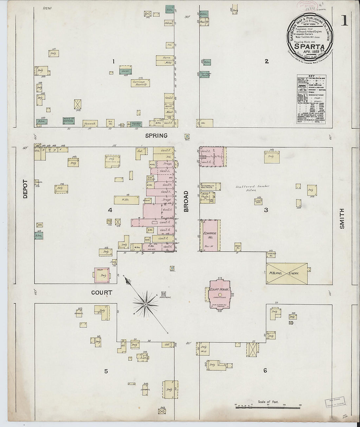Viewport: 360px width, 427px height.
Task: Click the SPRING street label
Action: point(156,135)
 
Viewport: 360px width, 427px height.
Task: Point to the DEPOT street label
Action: point(26,189)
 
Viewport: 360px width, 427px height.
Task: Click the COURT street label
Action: point(101,293)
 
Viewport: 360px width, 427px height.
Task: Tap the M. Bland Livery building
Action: point(287,273)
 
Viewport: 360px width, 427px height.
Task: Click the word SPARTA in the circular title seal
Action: point(309,46)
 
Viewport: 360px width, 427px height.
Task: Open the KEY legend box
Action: point(311,99)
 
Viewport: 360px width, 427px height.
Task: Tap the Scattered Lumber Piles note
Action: point(252,188)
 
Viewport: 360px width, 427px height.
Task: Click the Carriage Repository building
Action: point(140,83)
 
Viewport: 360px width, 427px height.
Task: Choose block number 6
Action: point(265,370)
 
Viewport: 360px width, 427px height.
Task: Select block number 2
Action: point(267,61)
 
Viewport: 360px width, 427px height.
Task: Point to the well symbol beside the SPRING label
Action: point(187,136)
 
